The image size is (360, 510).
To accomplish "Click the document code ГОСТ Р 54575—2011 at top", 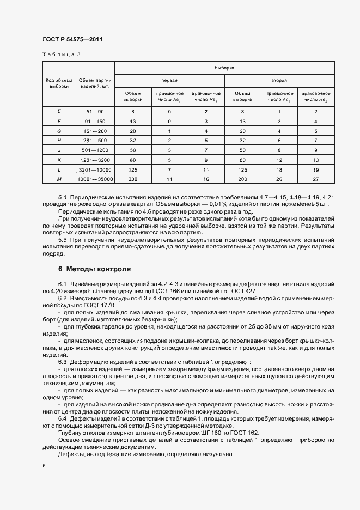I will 72,40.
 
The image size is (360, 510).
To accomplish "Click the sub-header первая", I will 169,80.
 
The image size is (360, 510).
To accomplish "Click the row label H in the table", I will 59,140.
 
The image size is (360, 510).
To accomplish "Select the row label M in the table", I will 59,179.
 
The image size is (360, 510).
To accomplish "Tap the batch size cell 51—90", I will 95,111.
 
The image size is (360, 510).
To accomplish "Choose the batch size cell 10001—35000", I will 95,179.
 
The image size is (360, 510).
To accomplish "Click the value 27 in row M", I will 315,179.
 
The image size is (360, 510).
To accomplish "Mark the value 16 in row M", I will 206,179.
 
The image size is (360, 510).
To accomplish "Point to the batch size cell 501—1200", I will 95,150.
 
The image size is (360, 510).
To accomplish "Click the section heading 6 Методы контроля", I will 94,269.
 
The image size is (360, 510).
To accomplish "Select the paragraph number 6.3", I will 62,361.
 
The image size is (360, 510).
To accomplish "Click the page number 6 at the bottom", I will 44,466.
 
